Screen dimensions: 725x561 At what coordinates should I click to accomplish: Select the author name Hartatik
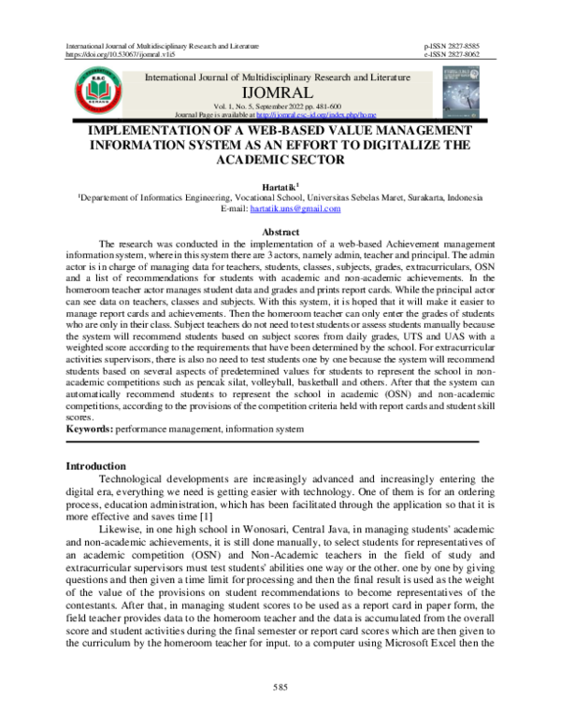[278, 187]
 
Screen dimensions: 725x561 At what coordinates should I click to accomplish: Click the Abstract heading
[280, 229]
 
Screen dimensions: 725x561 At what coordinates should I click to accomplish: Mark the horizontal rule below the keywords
[271, 440]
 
